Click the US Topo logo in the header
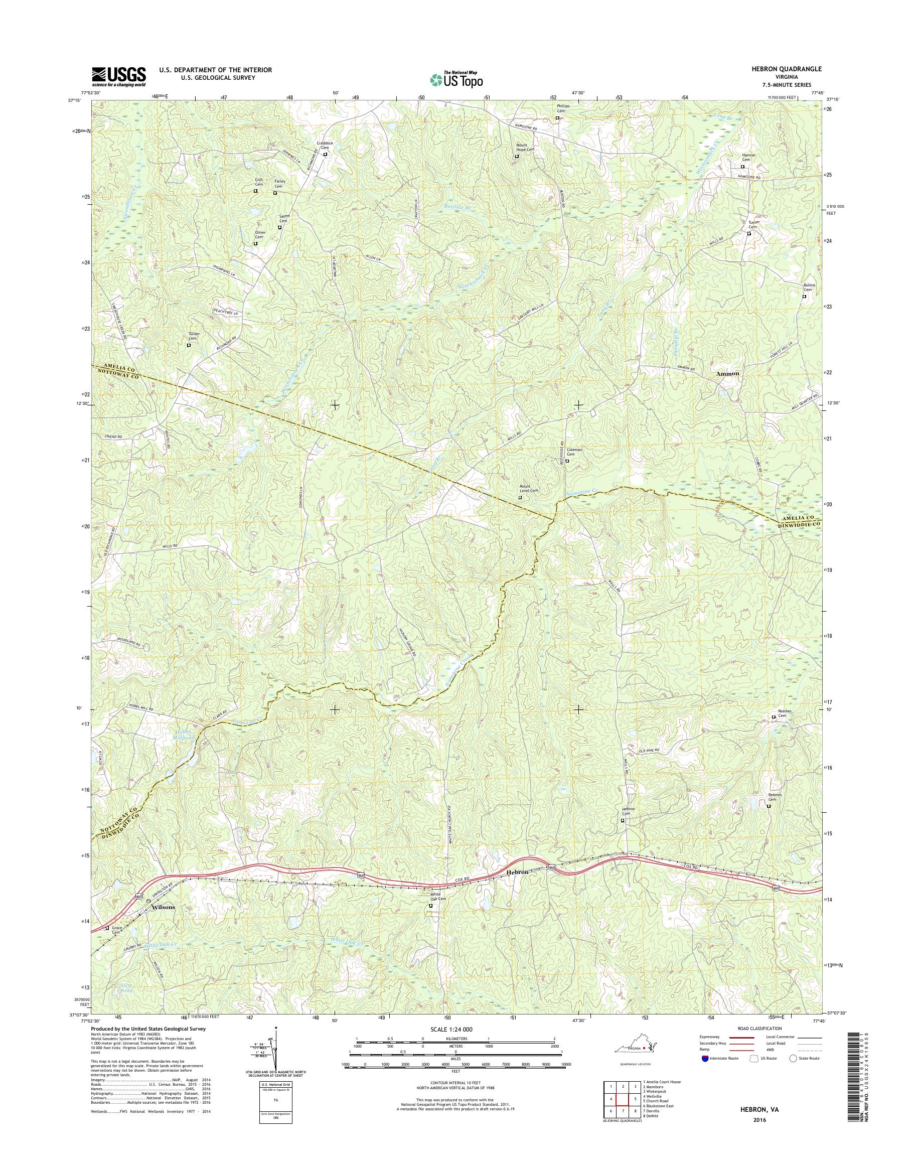click(x=456, y=79)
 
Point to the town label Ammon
click(x=727, y=374)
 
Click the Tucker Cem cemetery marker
click(x=188, y=345)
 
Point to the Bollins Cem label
click(x=809, y=287)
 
